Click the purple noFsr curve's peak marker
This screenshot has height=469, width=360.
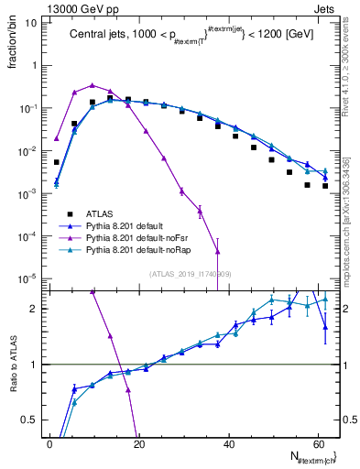93,84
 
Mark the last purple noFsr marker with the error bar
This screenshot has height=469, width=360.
217,251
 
